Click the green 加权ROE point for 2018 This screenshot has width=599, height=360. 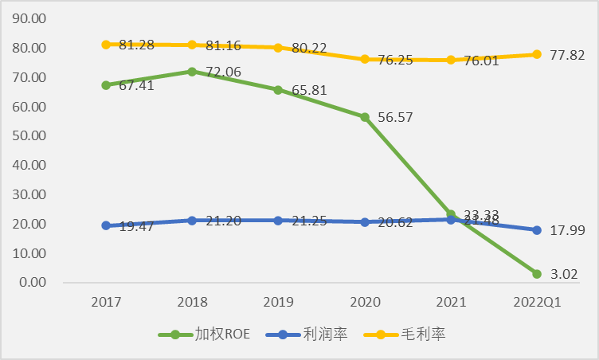(x=192, y=71)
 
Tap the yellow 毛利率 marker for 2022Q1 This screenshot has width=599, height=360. (x=536, y=54)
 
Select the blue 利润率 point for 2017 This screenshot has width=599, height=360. (x=106, y=225)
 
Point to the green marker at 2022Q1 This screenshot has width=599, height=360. (x=536, y=274)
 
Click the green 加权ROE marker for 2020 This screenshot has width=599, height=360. (x=364, y=117)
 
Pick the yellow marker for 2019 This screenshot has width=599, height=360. (x=278, y=47)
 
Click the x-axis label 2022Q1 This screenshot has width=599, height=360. (x=536, y=303)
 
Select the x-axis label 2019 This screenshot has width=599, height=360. (x=278, y=303)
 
